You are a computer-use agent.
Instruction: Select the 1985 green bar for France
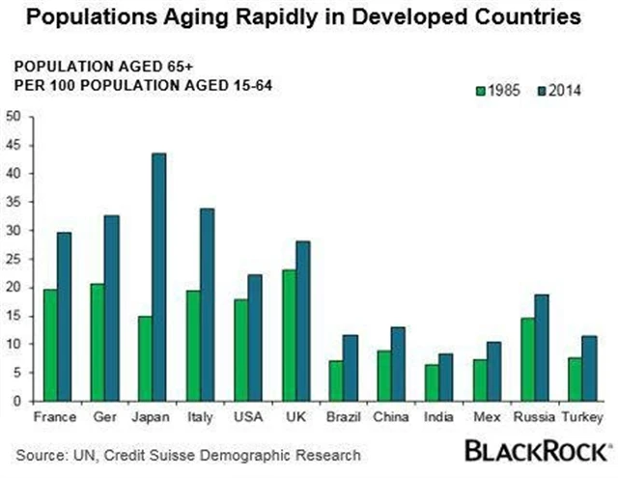tap(50, 345)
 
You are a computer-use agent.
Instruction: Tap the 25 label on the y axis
tap(14, 258)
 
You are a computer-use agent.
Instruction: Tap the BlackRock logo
tap(539, 451)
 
